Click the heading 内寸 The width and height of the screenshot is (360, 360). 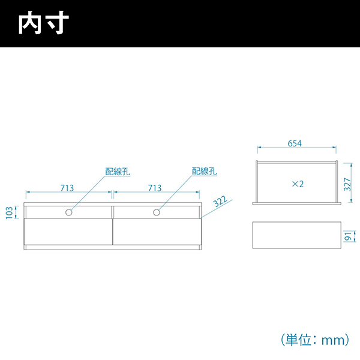coord(44,23)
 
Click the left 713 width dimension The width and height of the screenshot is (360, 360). coord(67,188)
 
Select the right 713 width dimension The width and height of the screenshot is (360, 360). coord(155,188)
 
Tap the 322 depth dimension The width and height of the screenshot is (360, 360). coord(220,202)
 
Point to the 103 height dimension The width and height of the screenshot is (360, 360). coord(9,212)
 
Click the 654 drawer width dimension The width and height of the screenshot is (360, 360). coord(295,143)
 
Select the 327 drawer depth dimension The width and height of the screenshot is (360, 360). coord(347,184)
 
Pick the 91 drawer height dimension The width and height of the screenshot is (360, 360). coord(348,236)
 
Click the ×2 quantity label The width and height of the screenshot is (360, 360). coord(298,184)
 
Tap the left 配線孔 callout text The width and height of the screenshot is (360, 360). coord(118,172)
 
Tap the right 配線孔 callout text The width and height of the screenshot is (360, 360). coord(205,171)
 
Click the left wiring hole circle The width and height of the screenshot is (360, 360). coord(68,212)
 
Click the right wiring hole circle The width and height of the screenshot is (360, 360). coord(157,212)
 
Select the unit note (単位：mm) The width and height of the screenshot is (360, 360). coord(315,340)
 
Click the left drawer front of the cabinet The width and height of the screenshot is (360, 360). coord(68,232)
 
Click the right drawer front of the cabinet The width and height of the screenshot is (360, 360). coord(157,232)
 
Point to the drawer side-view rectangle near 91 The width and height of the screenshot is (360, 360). coord(296,235)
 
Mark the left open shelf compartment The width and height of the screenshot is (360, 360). coord(68,212)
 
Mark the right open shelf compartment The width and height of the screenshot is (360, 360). coord(157,212)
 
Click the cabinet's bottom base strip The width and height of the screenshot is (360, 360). coord(113,247)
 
